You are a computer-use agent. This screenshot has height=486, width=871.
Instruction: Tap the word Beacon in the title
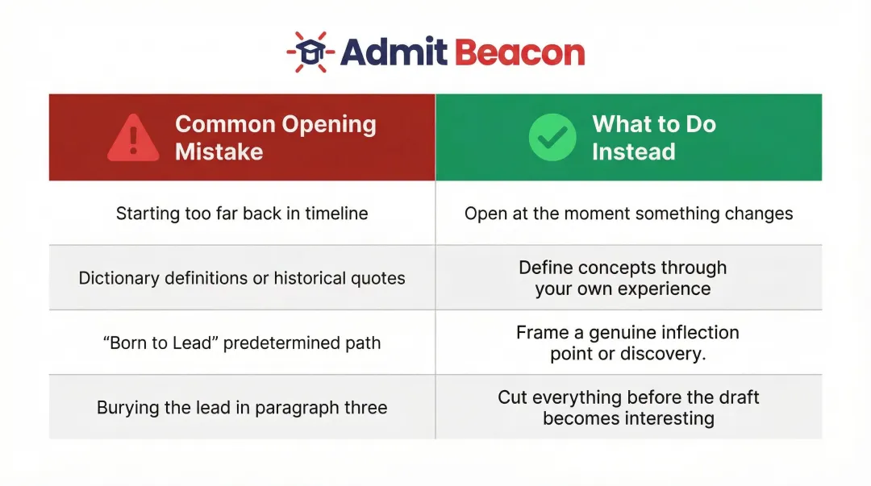[x=519, y=52]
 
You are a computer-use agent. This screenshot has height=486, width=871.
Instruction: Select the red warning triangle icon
[x=133, y=138]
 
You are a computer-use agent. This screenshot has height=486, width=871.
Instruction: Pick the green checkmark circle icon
[x=552, y=137]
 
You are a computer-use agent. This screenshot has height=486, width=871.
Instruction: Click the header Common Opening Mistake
[x=275, y=138]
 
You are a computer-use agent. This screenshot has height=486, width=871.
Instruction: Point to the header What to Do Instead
[x=653, y=138]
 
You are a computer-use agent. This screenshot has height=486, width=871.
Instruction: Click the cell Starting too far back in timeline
[x=242, y=214]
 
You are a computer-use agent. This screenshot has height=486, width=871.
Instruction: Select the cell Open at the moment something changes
[x=628, y=214]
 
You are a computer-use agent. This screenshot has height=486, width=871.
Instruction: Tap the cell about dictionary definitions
[x=242, y=278]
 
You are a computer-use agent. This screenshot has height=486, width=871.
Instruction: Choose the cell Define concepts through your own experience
[x=623, y=278]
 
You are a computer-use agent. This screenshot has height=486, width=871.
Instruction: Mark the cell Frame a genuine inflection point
[x=627, y=343]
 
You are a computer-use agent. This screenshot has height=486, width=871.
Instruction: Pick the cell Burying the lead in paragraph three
[x=242, y=408]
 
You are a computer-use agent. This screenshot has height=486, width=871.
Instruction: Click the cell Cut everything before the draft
[x=628, y=408]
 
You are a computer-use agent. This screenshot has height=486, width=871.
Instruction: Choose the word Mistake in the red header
[x=219, y=152]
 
